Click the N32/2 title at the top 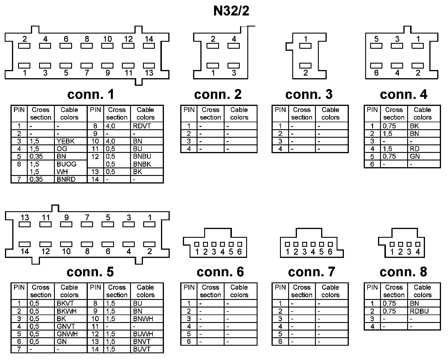coord(231,11)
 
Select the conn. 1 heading coord(90,94)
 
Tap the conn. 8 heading coord(403,272)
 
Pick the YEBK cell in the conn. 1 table coord(66,141)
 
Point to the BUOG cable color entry coord(66,164)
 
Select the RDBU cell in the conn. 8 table coord(419,311)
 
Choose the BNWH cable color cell coord(143,319)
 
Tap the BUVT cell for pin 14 coord(142,349)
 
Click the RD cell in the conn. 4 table coord(414,149)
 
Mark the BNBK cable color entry coord(142,164)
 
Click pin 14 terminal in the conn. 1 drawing coord(149,46)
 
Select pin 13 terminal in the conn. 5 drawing coord(25,224)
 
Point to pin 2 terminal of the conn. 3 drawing coord(305,66)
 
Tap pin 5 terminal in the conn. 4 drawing coord(376,46)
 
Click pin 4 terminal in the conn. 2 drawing coord(234,46)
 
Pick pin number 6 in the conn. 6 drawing coord(239,251)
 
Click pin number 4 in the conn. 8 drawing coord(418,251)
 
